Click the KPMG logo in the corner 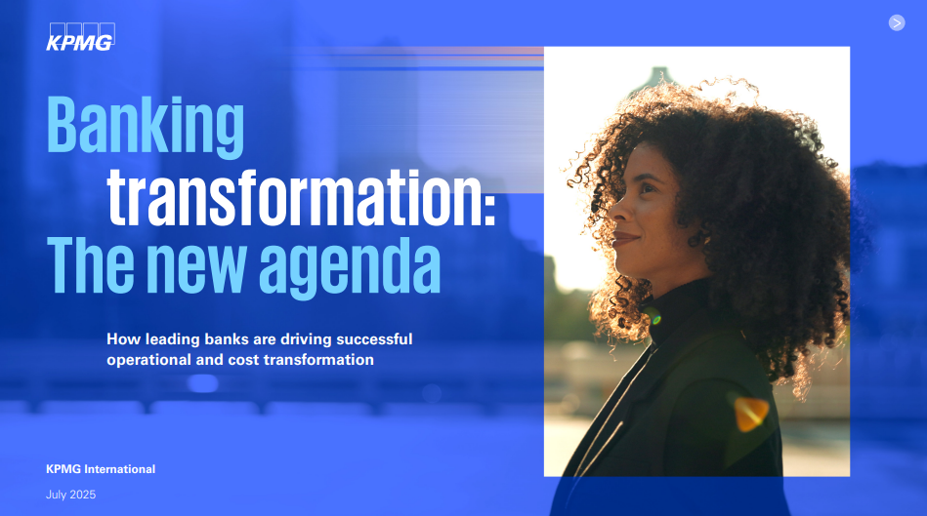(x=80, y=34)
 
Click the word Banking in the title (x=146, y=125)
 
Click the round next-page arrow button (x=897, y=22)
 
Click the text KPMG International (x=101, y=469)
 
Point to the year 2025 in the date (x=82, y=495)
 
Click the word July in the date (x=57, y=495)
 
